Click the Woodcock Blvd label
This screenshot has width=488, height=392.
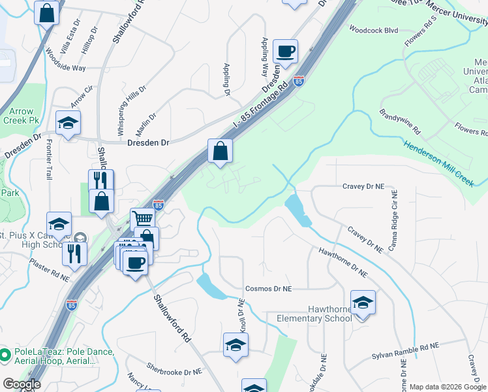pyautogui.click(x=373, y=29)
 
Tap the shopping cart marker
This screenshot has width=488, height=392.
pyautogui.click(x=142, y=219)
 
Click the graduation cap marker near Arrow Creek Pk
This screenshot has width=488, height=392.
pyautogui.click(x=68, y=123)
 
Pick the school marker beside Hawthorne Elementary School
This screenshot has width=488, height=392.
pyautogui.click(x=363, y=303)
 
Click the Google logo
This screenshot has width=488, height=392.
pyautogui.click(x=22, y=384)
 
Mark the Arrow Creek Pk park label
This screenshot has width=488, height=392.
pyautogui.click(x=17, y=116)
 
